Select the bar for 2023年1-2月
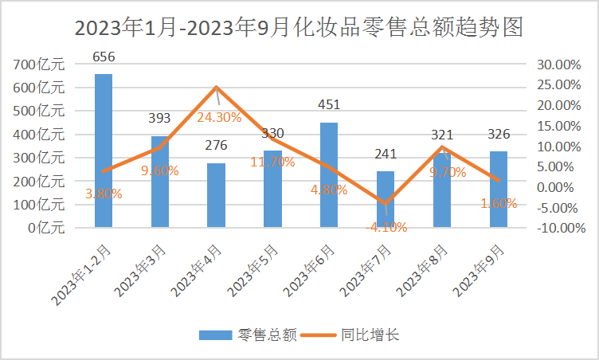click(104, 151)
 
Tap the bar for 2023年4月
click(217, 196)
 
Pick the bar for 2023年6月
click(329, 175)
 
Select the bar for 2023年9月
click(499, 190)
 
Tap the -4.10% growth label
click(386, 227)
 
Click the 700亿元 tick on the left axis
click(40, 65)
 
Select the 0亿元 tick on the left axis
click(46, 228)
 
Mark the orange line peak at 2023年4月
click(217, 88)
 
